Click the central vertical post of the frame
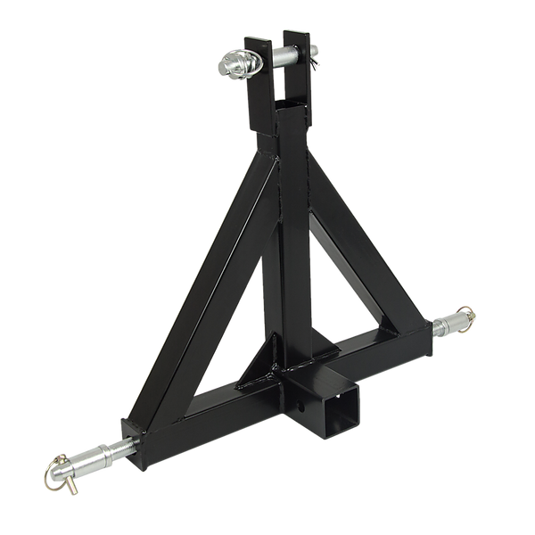(290, 241)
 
